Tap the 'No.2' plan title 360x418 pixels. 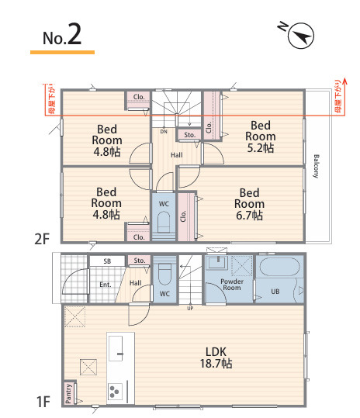(x=62, y=35)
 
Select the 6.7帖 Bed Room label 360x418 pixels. (x=249, y=204)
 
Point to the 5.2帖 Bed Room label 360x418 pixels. (x=260, y=136)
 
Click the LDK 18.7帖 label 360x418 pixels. (x=216, y=358)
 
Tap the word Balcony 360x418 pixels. (x=316, y=166)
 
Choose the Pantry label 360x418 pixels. (x=68, y=393)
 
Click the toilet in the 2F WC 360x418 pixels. (x=164, y=222)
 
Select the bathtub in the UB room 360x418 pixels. (x=280, y=266)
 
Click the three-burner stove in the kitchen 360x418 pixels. (x=115, y=392)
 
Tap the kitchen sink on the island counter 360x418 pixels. (x=116, y=348)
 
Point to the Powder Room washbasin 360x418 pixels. (x=218, y=263)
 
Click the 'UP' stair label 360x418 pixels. (x=190, y=309)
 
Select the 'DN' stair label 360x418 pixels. (x=164, y=132)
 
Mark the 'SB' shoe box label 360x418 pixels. (x=107, y=261)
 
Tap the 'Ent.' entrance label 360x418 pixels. (x=106, y=285)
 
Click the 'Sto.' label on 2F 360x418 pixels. (x=190, y=135)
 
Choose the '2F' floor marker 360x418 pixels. (x=42, y=239)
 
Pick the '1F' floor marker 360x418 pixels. (x=43, y=402)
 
